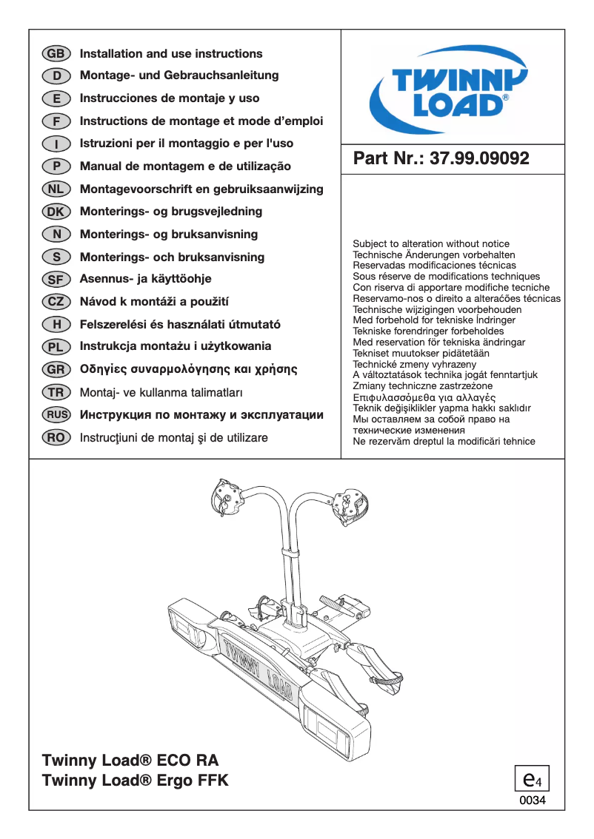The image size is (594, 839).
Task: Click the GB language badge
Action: click(x=56, y=54)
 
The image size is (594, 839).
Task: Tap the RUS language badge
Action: click(x=56, y=415)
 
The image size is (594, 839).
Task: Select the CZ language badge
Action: click(x=56, y=302)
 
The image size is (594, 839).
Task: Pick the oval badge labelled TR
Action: click(x=56, y=392)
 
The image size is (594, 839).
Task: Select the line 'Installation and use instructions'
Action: click(x=171, y=54)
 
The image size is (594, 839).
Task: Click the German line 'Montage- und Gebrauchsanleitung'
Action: click(x=179, y=75)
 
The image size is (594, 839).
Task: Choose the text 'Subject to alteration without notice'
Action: click(x=431, y=243)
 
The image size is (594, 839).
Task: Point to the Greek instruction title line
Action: click(x=188, y=369)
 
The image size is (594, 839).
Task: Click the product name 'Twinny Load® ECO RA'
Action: click(x=130, y=761)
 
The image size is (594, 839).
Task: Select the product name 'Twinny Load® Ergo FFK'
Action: click(x=136, y=781)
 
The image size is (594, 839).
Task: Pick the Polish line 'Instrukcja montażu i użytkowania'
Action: click(x=176, y=346)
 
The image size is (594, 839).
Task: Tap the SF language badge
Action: click(x=56, y=280)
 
